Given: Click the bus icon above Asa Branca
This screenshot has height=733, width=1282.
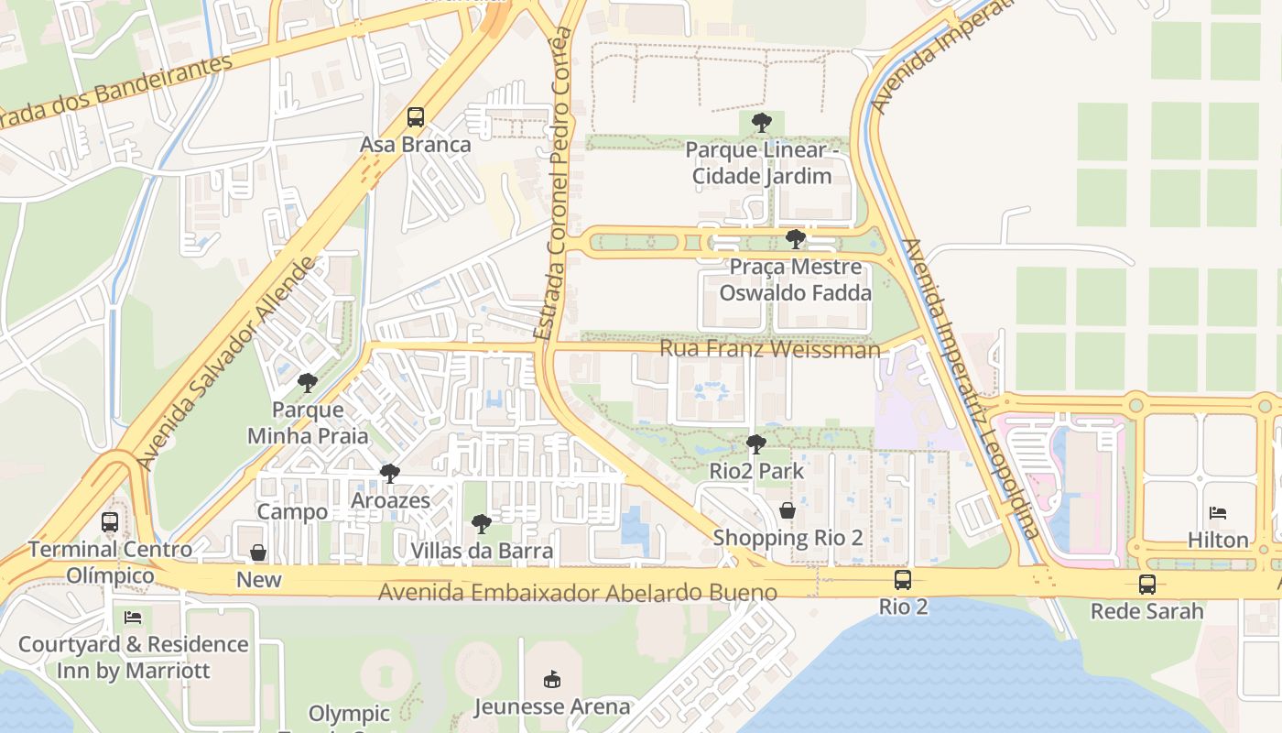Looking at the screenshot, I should coord(416,117).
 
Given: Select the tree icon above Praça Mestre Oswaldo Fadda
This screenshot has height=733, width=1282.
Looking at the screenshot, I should coord(796,239).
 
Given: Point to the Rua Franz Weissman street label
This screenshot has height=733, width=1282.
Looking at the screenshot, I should coord(769,349).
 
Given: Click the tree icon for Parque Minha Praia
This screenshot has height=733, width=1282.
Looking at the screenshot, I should coord(308,382).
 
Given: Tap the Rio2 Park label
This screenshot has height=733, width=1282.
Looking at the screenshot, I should coord(756,471).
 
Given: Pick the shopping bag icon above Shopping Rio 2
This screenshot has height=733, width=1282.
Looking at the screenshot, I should coord(788,510).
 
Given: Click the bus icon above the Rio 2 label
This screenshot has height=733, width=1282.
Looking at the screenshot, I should coord(903,579).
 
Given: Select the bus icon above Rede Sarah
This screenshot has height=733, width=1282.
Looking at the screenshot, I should coord(1146,584).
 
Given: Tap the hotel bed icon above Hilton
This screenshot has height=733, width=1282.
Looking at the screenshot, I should coord(1218,513).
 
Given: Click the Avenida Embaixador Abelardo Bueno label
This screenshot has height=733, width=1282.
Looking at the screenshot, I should coord(578,593).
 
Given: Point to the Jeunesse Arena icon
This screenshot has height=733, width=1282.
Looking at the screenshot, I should coord(552,680).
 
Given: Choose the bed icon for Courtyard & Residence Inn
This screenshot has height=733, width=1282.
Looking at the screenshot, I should coord(133,618).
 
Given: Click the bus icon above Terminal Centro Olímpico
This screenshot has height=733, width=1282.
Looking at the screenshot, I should coord(110,522).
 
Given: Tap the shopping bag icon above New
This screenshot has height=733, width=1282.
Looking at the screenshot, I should coord(259,552).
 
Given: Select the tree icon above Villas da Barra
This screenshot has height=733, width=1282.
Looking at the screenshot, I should coord(482,524).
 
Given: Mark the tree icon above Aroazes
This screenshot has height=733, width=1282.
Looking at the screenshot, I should coord(390,474).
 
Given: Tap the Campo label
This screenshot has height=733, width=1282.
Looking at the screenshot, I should coord(292,511).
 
